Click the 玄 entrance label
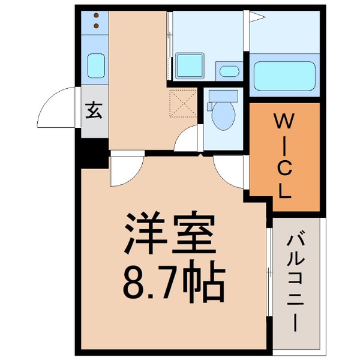coord(94,111)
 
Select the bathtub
coord(283,75)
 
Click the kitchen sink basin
coord(95,65)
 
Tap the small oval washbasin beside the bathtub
coord(227,71)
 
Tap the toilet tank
coord(221,97)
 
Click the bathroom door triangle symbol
coord(256,18)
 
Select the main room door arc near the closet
coord(229,171)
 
